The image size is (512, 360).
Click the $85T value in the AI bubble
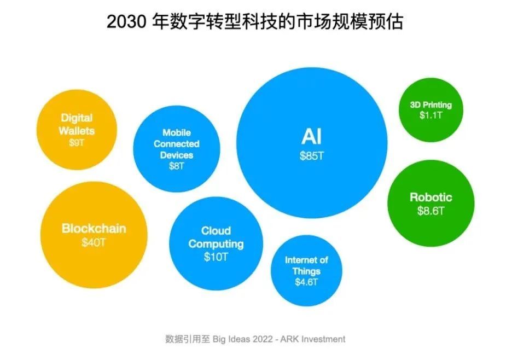click(312, 156)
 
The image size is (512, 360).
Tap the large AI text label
click(311, 136)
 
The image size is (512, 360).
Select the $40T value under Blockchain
click(94, 242)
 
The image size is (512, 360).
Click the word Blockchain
click(94, 228)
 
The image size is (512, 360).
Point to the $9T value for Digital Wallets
click(77, 142)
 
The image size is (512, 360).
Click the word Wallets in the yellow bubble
click(77, 131)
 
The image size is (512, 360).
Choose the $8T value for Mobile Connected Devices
click(177, 166)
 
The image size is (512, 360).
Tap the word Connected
click(177, 144)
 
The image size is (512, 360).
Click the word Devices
click(177, 155)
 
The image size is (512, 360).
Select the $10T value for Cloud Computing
click(216, 257)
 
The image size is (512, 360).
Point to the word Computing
click(216, 244)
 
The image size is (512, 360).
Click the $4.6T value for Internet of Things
click(306, 282)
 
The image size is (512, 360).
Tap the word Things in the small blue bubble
click(306, 271)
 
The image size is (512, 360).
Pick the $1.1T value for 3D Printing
click(431, 115)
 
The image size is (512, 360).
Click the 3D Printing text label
click(431, 105)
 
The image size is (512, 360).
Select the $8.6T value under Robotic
click(431, 211)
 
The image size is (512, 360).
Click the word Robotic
click(431, 198)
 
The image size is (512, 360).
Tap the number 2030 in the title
click(126, 22)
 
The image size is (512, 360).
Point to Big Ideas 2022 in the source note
click(243, 339)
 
